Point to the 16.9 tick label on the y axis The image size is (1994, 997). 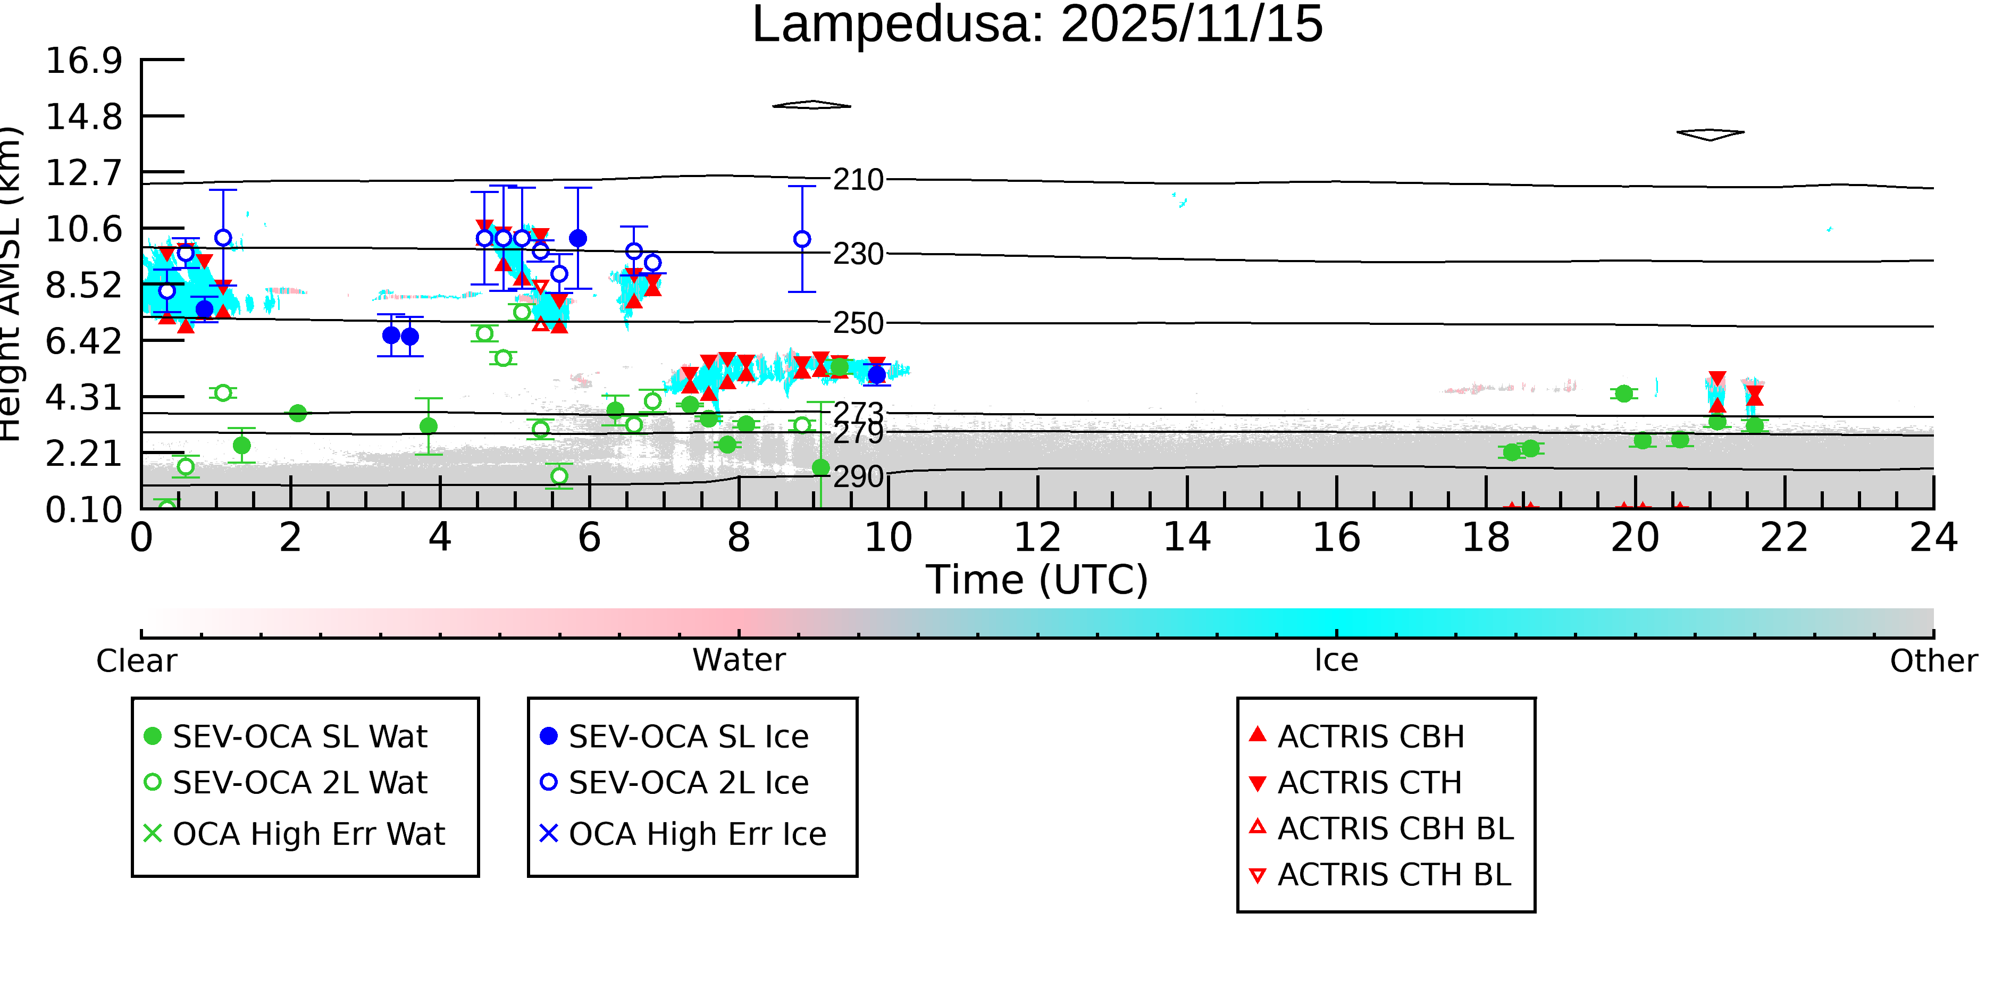[x=83, y=61]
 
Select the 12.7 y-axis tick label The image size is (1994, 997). [x=83, y=173]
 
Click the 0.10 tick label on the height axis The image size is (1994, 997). [x=83, y=510]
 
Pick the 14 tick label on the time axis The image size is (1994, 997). [x=1187, y=538]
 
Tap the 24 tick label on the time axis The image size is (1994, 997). [x=1933, y=538]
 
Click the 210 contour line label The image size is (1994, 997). [x=858, y=180]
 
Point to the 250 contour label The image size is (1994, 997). [x=858, y=324]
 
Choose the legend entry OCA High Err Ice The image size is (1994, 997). [x=697, y=834]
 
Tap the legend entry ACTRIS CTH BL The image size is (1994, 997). [x=1393, y=875]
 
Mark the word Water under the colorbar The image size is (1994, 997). [x=739, y=661]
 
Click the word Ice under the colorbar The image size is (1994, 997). [x=1336, y=661]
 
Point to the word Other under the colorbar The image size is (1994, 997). [x=1933, y=661]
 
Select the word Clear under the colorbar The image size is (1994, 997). [x=136, y=661]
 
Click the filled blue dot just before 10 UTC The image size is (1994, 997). [x=876, y=375]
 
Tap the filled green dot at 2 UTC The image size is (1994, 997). [x=297, y=413]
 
